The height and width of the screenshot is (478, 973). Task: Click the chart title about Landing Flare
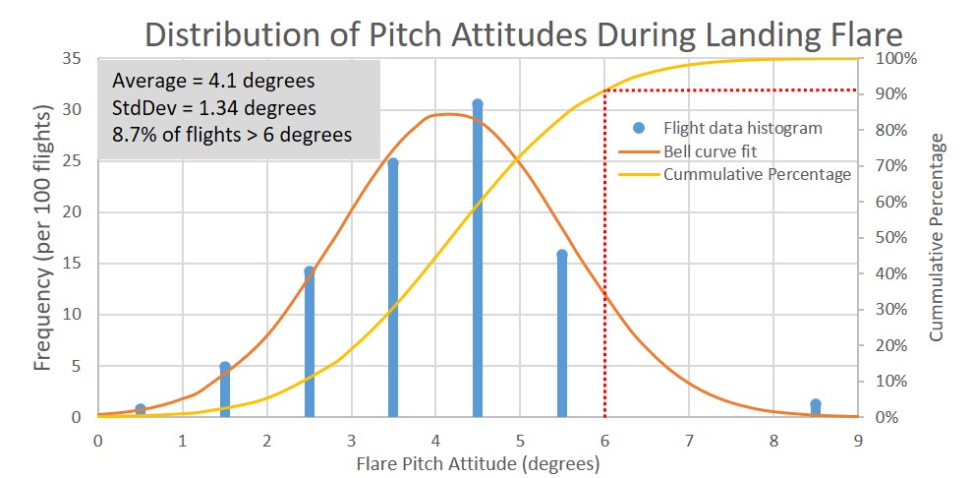pyautogui.click(x=523, y=34)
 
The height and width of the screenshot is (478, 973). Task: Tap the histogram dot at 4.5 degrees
pyautogui.click(x=478, y=104)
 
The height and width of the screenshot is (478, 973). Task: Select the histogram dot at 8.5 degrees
pyautogui.click(x=816, y=404)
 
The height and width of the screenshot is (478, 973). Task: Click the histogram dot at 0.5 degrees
pyautogui.click(x=141, y=409)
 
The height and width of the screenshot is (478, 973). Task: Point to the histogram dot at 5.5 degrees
pyautogui.click(x=562, y=255)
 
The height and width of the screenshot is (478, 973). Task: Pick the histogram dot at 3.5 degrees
pyautogui.click(x=393, y=162)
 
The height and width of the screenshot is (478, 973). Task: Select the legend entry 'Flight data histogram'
pyautogui.click(x=742, y=128)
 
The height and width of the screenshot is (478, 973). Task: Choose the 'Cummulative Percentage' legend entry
pyautogui.click(x=757, y=174)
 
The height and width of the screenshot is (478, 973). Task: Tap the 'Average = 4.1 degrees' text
pyautogui.click(x=213, y=80)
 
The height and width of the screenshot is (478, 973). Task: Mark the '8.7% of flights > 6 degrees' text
pyautogui.click(x=232, y=134)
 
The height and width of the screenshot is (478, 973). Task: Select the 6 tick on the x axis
pyautogui.click(x=604, y=441)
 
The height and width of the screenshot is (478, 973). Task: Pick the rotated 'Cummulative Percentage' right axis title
pyautogui.click(x=937, y=237)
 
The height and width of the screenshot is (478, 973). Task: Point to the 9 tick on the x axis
pyautogui.click(x=858, y=441)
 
